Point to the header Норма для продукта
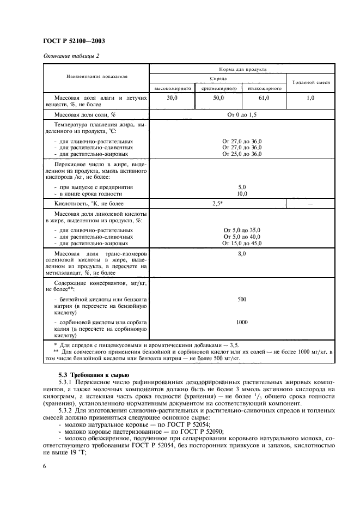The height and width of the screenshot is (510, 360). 242,69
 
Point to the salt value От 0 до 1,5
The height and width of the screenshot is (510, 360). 242,115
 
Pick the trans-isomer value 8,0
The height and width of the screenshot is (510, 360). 242,254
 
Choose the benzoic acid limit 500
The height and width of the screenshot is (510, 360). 242,299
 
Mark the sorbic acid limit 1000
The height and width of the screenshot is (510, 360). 242,322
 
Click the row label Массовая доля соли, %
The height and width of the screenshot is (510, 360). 86,115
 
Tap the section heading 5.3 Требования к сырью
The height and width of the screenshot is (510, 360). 93,374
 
